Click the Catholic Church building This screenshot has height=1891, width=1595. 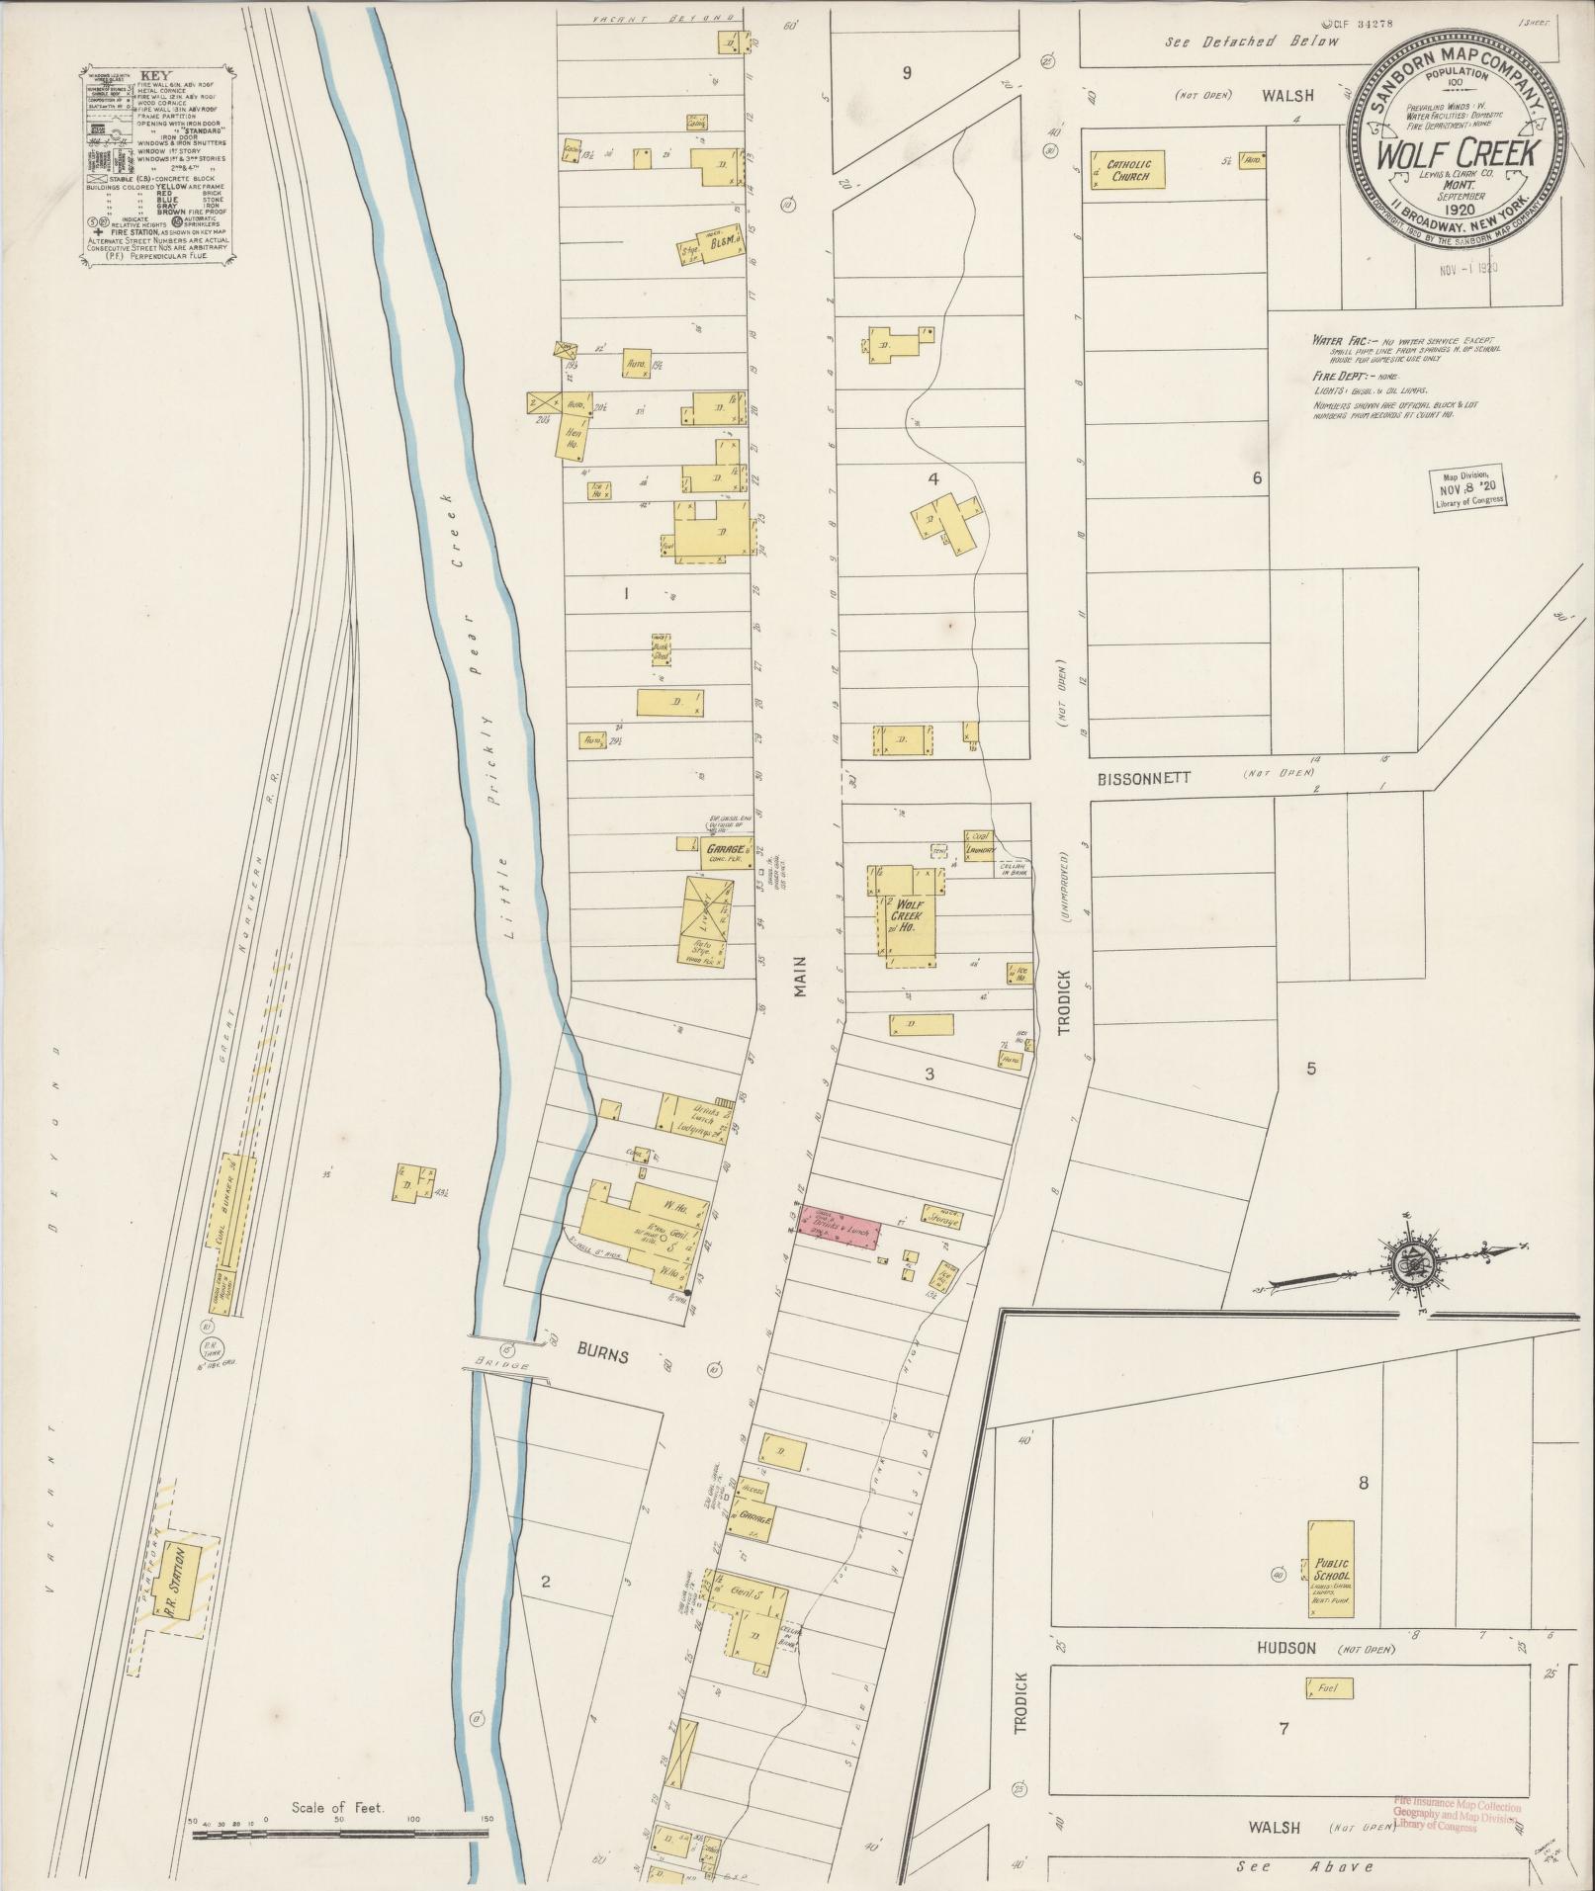point(1127,169)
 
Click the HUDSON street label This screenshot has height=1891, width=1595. point(1286,1648)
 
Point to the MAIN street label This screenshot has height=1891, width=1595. point(799,975)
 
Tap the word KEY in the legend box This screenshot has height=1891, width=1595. point(155,74)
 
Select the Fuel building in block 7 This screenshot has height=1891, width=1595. point(1327,1689)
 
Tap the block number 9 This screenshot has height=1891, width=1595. point(906,72)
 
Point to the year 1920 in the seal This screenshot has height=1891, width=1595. point(1458,209)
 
